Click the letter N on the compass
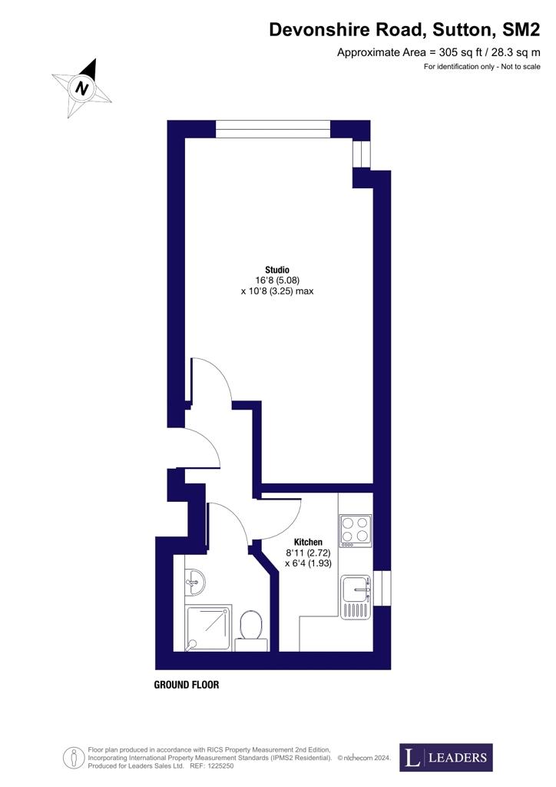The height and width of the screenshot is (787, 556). click(x=81, y=89)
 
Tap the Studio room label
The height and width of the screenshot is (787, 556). click(x=277, y=270)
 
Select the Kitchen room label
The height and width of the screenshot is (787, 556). click(x=308, y=542)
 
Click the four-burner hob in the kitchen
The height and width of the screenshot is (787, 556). click(x=356, y=530)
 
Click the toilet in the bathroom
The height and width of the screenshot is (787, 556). click(x=251, y=630)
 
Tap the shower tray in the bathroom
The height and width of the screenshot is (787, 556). click(x=209, y=628)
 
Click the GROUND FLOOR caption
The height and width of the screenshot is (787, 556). click(x=187, y=685)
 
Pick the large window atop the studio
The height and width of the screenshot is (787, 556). click(x=273, y=129)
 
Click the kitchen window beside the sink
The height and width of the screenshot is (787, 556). click(x=382, y=588)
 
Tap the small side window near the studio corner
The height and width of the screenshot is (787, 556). click(x=362, y=153)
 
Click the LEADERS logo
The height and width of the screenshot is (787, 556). click(x=446, y=757)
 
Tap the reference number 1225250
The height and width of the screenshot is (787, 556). click(x=220, y=766)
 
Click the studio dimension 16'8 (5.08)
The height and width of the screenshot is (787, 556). click(x=277, y=280)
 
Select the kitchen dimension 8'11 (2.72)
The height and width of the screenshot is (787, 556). click(x=308, y=553)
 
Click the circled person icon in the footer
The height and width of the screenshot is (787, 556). click(x=74, y=757)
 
